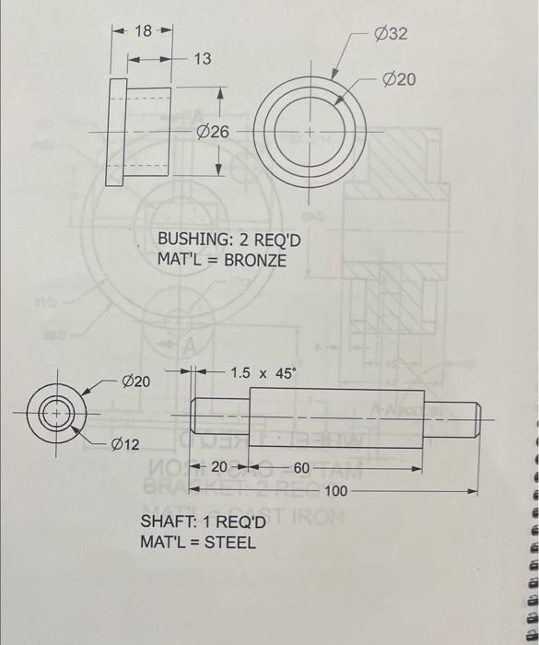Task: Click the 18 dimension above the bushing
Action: tap(144, 30)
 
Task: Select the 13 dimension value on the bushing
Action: tap(202, 59)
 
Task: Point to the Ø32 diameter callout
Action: tap(391, 34)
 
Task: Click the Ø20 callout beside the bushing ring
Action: tap(400, 80)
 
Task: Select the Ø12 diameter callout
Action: tap(125, 445)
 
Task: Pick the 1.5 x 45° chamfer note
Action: tap(264, 373)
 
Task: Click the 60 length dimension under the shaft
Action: tap(302, 468)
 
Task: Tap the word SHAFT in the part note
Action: tap(166, 523)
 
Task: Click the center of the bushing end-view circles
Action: tap(312, 134)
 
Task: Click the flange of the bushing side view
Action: tap(117, 133)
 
